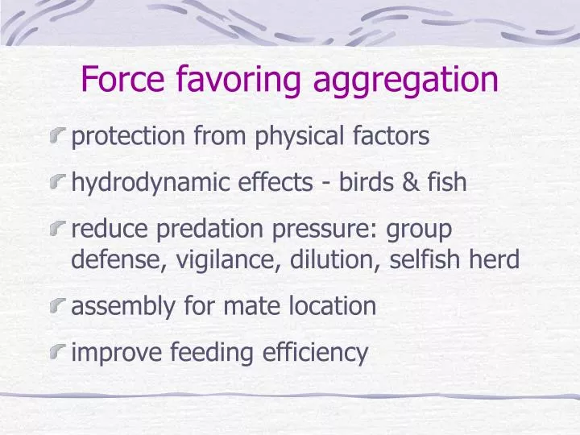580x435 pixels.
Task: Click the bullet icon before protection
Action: (x=58, y=137)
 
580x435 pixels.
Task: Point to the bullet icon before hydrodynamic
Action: (x=58, y=183)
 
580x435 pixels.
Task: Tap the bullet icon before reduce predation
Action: (x=58, y=230)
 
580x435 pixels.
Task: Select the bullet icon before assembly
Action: (x=58, y=306)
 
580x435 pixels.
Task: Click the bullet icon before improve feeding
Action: (x=58, y=353)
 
